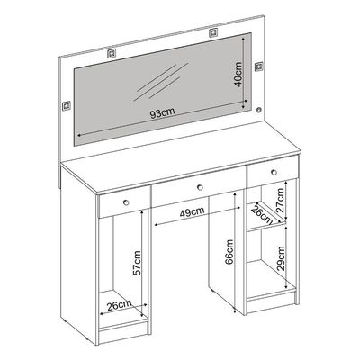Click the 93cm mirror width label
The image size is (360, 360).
click(x=162, y=113)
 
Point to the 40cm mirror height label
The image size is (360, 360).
click(x=238, y=74)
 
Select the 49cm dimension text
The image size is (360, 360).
click(x=193, y=212)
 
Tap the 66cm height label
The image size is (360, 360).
click(x=229, y=252)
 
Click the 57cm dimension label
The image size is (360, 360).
click(x=137, y=263)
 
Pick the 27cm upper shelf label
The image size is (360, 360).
click(x=281, y=201)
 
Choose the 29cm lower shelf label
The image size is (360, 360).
click(x=281, y=258)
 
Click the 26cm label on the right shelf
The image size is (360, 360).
click(x=262, y=215)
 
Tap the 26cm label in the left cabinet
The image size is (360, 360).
click(x=120, y=304)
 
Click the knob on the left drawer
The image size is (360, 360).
click(x=126, y=202)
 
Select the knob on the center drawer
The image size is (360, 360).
click(x=200, y=188)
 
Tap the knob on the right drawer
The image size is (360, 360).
click(x=274, y=172)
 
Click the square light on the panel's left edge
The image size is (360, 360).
click(x=66, y=106)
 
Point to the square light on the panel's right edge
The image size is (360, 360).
click(x=258, y=67)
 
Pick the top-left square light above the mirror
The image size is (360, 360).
click(x=112, y=53)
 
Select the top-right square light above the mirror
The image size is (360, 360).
click(x=212, y=32)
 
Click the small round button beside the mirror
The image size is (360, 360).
click(x=258, y=111)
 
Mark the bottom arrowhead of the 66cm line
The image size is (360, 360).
click(x=235, y=311)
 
